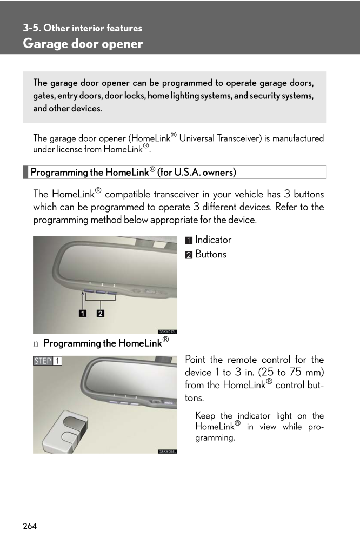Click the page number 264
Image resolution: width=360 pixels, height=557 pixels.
(30, 526)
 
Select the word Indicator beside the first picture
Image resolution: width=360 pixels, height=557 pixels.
(214, 240)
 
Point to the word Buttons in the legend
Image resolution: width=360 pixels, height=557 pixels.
(211, 254)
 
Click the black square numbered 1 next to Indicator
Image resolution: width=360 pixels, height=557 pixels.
(189, 241)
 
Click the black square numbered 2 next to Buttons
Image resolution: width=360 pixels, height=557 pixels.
(189, 255)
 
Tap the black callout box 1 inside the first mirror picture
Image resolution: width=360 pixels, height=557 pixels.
(83, 313)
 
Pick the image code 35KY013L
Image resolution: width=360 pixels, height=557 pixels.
(167, 331)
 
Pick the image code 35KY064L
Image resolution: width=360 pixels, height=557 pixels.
(167, 451)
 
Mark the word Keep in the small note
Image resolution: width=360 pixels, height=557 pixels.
(205, 416)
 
